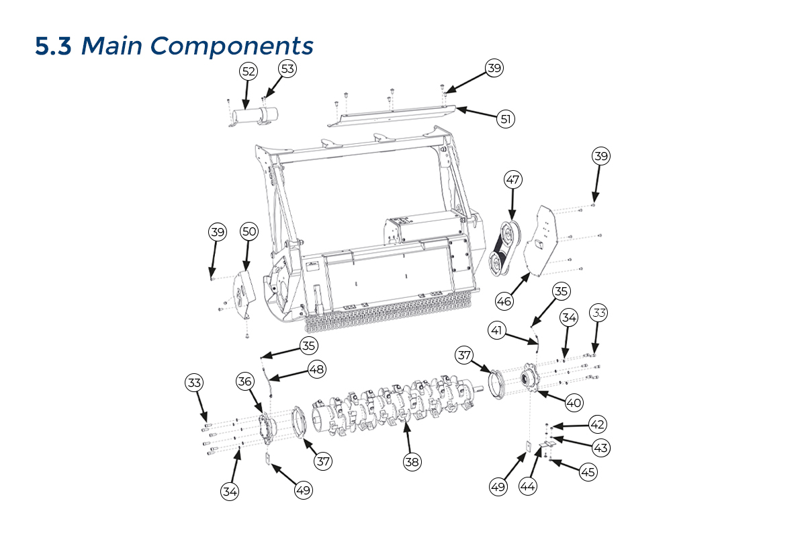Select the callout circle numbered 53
(287, 68)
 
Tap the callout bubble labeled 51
(506, 119)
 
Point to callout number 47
(513, 180)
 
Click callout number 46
(504, 301)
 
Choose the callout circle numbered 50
(249, 231)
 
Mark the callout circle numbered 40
(573, 403)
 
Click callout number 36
(244, 381)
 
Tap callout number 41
(497, 330)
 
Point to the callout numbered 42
(598, 424)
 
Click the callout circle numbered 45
(588, 472)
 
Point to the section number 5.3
(54, 46)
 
